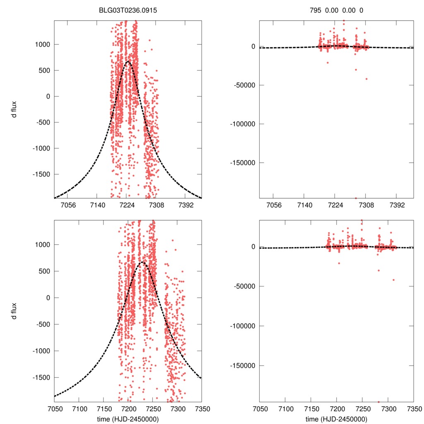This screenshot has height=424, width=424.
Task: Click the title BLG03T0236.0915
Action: [128, 10]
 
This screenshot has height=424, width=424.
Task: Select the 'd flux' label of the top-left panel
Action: [14, 109]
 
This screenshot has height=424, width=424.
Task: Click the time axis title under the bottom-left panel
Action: [128, 419]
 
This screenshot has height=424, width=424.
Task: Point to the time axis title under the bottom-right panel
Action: [336, 419]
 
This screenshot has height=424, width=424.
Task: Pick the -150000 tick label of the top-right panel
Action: [241, 162]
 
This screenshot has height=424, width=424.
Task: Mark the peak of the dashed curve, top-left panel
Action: [128, 62]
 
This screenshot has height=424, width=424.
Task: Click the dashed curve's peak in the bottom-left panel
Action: [142, 262]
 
